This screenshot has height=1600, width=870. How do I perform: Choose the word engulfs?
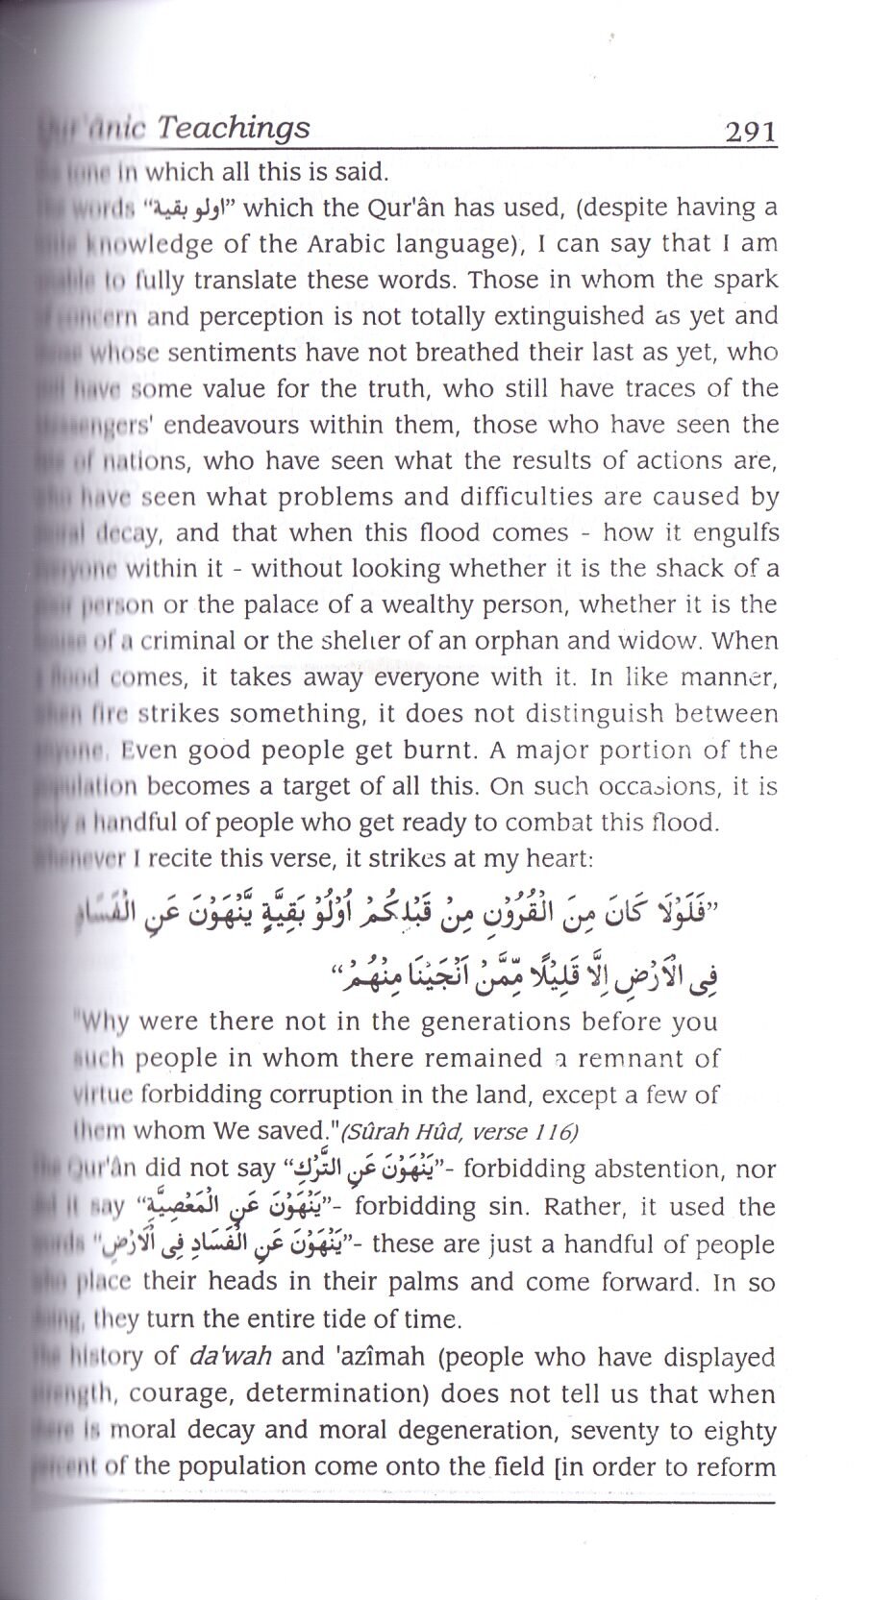point(731,533)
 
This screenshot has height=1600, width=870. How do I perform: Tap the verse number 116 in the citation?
point(555,1133)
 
